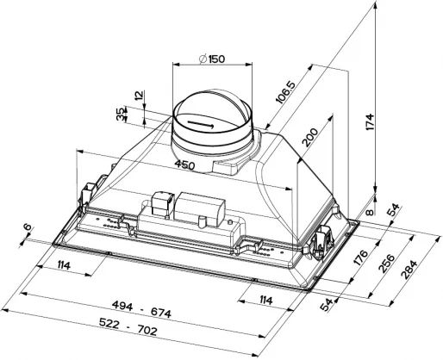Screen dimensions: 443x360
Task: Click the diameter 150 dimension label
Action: (x=212, y=59)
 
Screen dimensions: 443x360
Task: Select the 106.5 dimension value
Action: (x=285, y=92)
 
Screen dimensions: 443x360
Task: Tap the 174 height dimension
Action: (x=370, y=122)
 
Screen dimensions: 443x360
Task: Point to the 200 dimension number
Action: (x=310, y=137)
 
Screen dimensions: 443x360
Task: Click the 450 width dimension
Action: (x=185, y=164)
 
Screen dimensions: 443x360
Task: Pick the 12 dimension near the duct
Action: (x=139, y=96)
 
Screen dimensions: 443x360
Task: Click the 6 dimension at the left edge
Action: (x=28, y=227)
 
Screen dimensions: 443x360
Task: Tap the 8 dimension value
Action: (x=371, y=213)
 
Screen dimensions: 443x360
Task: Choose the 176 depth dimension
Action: (x=362, y=258)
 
